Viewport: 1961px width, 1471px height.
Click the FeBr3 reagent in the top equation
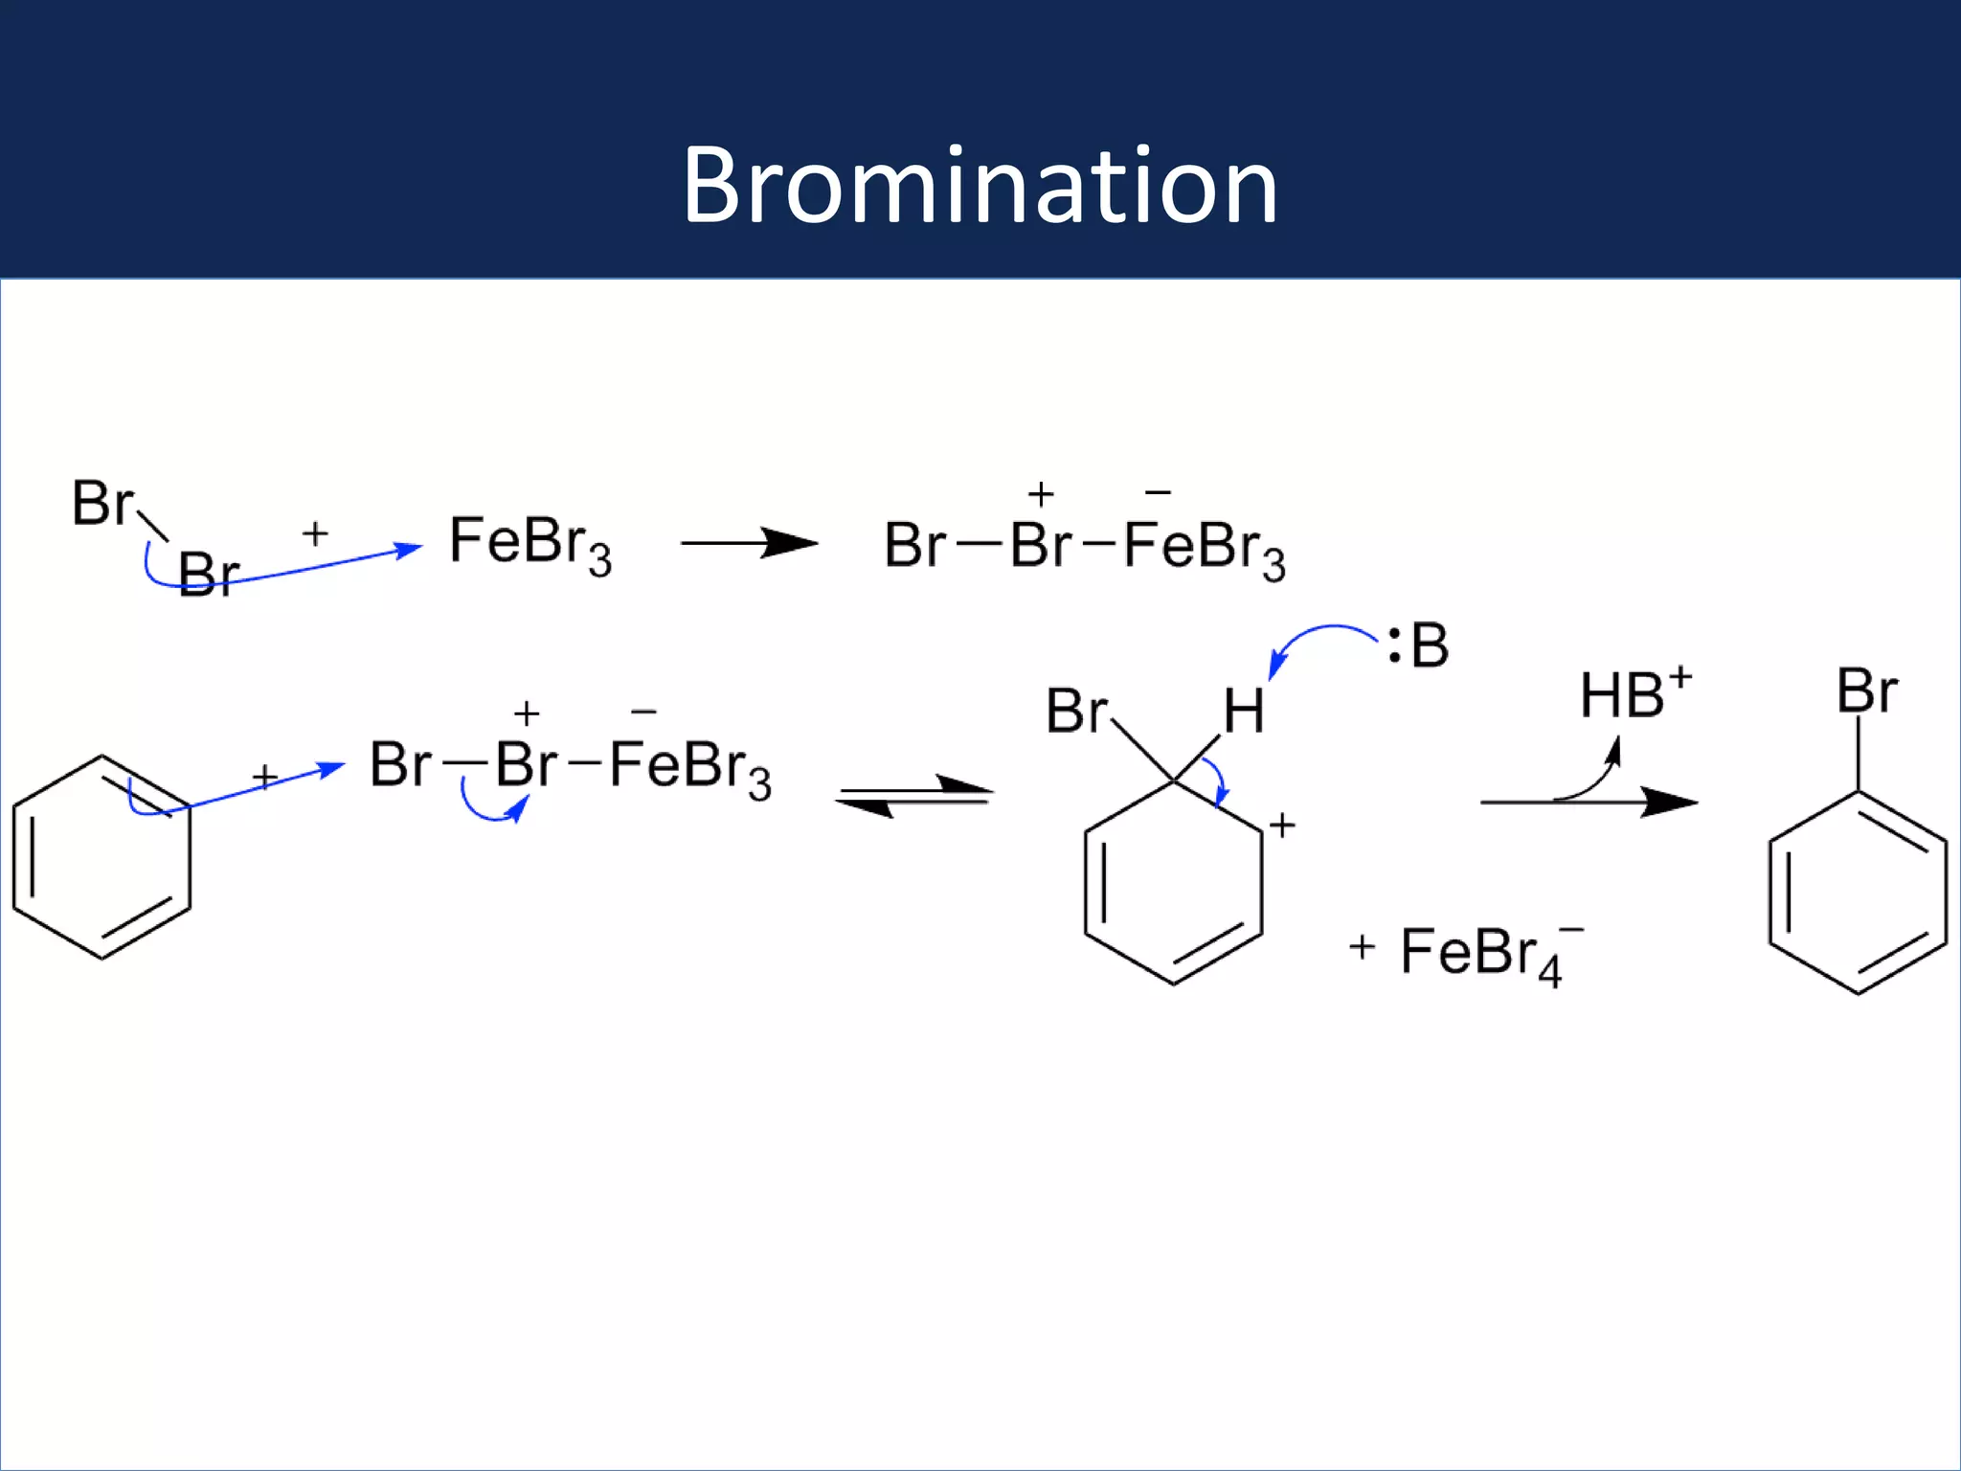tap(530, 544)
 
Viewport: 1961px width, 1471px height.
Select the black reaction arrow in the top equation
tap(749, 543)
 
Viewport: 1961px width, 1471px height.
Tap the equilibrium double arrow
tap(914, 795)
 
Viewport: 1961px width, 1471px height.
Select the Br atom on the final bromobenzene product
tap(1866, 690)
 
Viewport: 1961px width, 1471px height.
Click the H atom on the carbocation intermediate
tap(1243, 713)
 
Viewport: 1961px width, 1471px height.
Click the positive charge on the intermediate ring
tap(1282, 825)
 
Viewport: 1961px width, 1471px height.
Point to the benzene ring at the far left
tap(101, 857)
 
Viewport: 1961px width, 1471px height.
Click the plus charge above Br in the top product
tap(1040, 494)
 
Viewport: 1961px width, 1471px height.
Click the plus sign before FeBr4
tap(1362, 947)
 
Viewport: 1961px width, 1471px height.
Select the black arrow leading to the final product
tap(1589, 802)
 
